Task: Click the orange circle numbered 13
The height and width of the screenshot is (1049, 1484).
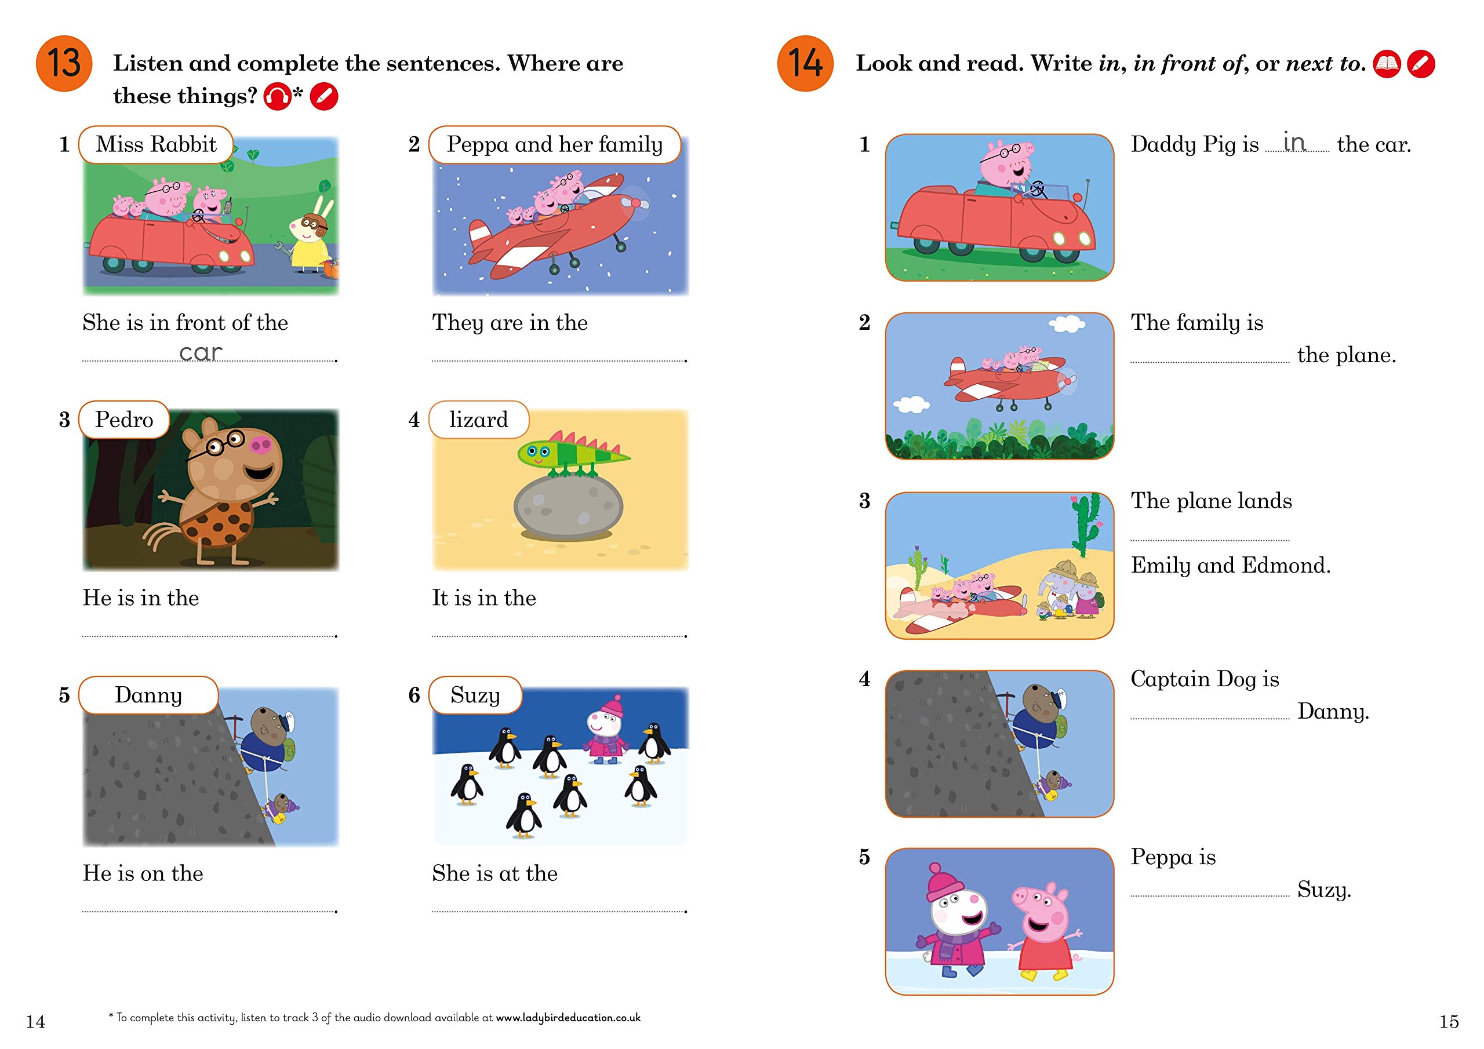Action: [x=64, y=63]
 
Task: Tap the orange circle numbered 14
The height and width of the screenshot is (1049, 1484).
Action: [x=805, y=63]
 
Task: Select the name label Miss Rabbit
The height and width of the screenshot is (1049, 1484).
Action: [x=156, y=144]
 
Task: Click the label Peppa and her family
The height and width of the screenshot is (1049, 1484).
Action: [x=555, y=144]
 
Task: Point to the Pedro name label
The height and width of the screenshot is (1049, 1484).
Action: [x=124, y=420]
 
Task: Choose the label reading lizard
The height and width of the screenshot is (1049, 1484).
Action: [x=479, y=420]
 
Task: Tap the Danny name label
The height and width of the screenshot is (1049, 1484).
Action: [x=148, y=695]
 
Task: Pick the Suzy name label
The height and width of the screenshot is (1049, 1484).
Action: [x=475, y=695]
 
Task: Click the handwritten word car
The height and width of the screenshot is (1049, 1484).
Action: [x=201, y=353]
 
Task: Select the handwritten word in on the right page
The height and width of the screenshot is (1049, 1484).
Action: [x=1294, y=141]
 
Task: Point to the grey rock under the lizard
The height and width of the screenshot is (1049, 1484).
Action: [x=569, y=507]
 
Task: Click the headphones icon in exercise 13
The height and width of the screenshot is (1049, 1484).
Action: [x=277, y=97]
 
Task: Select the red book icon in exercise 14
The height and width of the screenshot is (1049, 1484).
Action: [x=1387, y=64]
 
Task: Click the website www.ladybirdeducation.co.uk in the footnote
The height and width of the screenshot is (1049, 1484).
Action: [x=568, y=1017]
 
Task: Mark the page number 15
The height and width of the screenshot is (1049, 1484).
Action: [x=1449, y=1021]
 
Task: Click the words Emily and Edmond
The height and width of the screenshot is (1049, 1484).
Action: [x=1231, y=566]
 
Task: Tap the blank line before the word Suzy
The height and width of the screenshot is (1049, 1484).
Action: [x=1210, y=896]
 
